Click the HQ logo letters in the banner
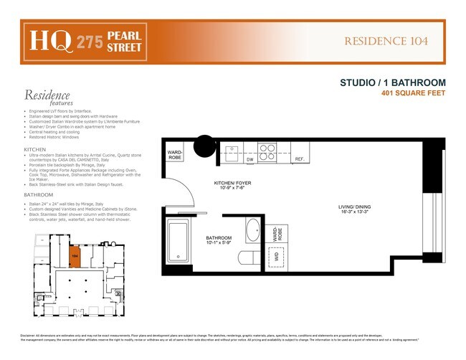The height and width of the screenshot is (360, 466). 44,42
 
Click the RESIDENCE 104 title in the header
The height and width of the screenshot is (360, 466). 386,41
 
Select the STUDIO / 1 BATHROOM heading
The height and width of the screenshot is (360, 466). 393,82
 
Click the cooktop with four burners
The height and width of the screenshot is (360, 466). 267,153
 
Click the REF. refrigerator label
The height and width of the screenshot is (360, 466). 300,158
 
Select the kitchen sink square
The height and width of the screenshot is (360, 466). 231,151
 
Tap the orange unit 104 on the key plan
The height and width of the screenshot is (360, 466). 75,255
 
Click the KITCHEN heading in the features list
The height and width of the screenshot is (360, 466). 35,150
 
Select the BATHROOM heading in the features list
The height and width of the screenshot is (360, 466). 38,194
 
